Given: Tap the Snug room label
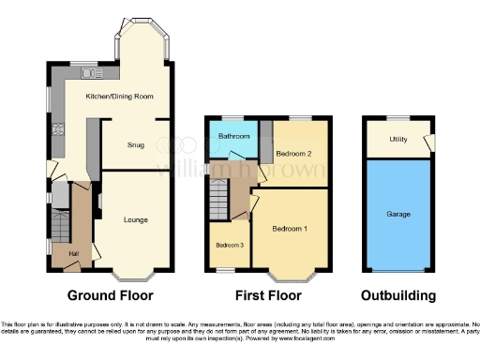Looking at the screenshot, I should tap(136, 146).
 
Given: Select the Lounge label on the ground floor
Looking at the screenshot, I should tap(136, 220).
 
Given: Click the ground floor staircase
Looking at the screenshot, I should tap(61, 225).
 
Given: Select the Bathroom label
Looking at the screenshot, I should tap(233, 137).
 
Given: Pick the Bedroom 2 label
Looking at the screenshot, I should tap(293, 153).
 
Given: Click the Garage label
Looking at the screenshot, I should tap(397, 214).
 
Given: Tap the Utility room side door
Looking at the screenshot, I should tap(429, 143).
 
